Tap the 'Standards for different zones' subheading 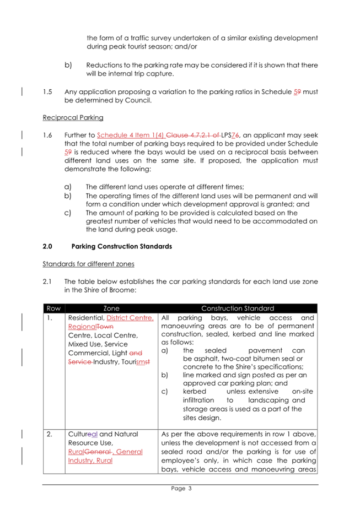coord(88,266)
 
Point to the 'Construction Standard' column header coord(238,308)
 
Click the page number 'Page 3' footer coord(180,488)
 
